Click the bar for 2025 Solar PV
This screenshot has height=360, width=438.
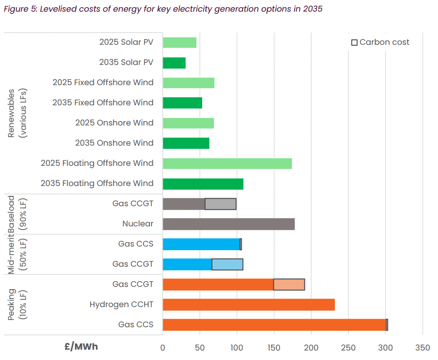179,43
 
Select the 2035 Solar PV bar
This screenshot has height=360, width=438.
174,63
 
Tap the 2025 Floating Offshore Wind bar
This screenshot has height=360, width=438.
227,163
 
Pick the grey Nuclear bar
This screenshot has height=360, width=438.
229,224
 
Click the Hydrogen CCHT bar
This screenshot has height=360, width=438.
249,305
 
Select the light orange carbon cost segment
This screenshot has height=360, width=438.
289,285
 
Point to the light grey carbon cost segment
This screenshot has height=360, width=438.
221,204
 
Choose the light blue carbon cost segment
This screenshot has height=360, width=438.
227,265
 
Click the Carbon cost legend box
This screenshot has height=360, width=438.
354,43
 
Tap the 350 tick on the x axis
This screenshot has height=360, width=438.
422,347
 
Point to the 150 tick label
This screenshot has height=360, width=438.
274,347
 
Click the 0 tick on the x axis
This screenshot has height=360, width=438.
163,347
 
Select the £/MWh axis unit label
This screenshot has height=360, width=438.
81,347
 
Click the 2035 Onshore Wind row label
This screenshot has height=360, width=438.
114,143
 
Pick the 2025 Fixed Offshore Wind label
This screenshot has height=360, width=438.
103,82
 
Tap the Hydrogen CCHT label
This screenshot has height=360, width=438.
121,305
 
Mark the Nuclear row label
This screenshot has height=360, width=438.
138,224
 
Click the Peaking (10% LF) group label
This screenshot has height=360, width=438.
17,305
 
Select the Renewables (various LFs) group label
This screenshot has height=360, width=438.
17,113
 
